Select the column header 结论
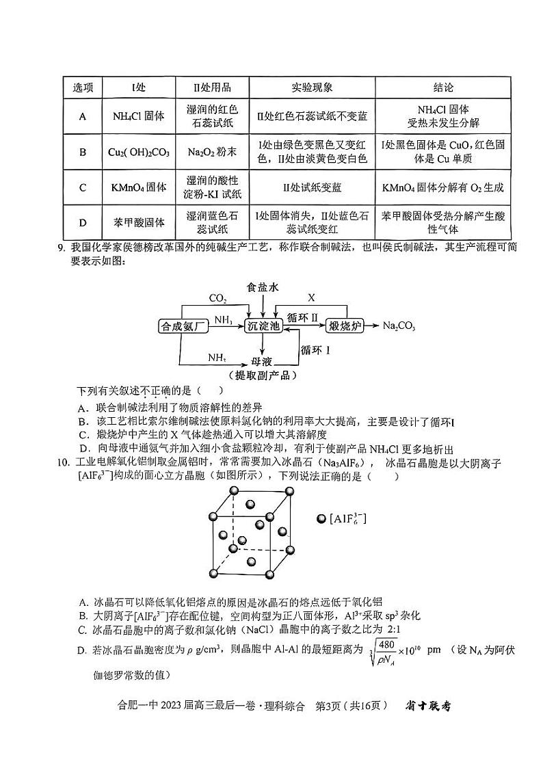pos(443,88)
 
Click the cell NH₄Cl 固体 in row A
pos(137,116)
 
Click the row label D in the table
pos(83,222)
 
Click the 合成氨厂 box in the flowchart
pos(183,326)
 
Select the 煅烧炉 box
pos(345,326)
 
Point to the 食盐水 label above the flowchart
pos(263,288)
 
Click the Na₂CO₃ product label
pos(399,326)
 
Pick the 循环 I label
pos(316,350)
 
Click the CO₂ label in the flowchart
pos(217,299)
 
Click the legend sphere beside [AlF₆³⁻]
pos(321,520)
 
